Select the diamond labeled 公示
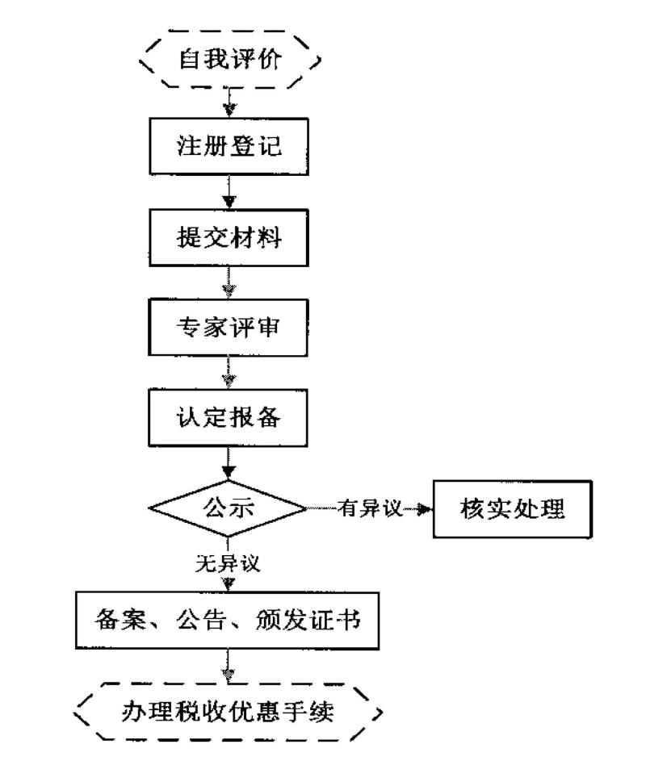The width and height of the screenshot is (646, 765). pyautogui.click(x=228, y=508)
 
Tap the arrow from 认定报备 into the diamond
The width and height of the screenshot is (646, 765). pyautogui.click(x=230, y=466)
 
